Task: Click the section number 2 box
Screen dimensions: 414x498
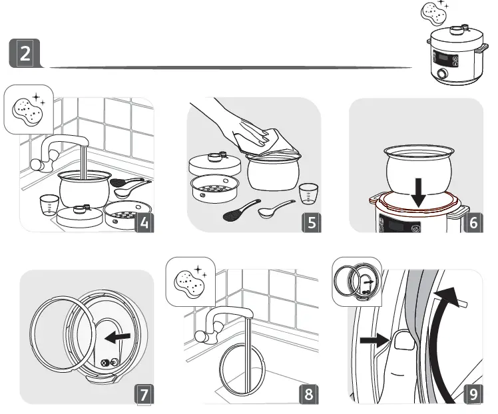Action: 25,53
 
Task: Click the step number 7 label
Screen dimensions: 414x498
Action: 144,394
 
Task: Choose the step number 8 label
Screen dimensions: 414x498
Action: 308,394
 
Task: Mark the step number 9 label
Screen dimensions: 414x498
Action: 473,394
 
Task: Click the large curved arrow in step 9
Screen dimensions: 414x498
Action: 439,333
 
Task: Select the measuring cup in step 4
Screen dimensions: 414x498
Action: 49,204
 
